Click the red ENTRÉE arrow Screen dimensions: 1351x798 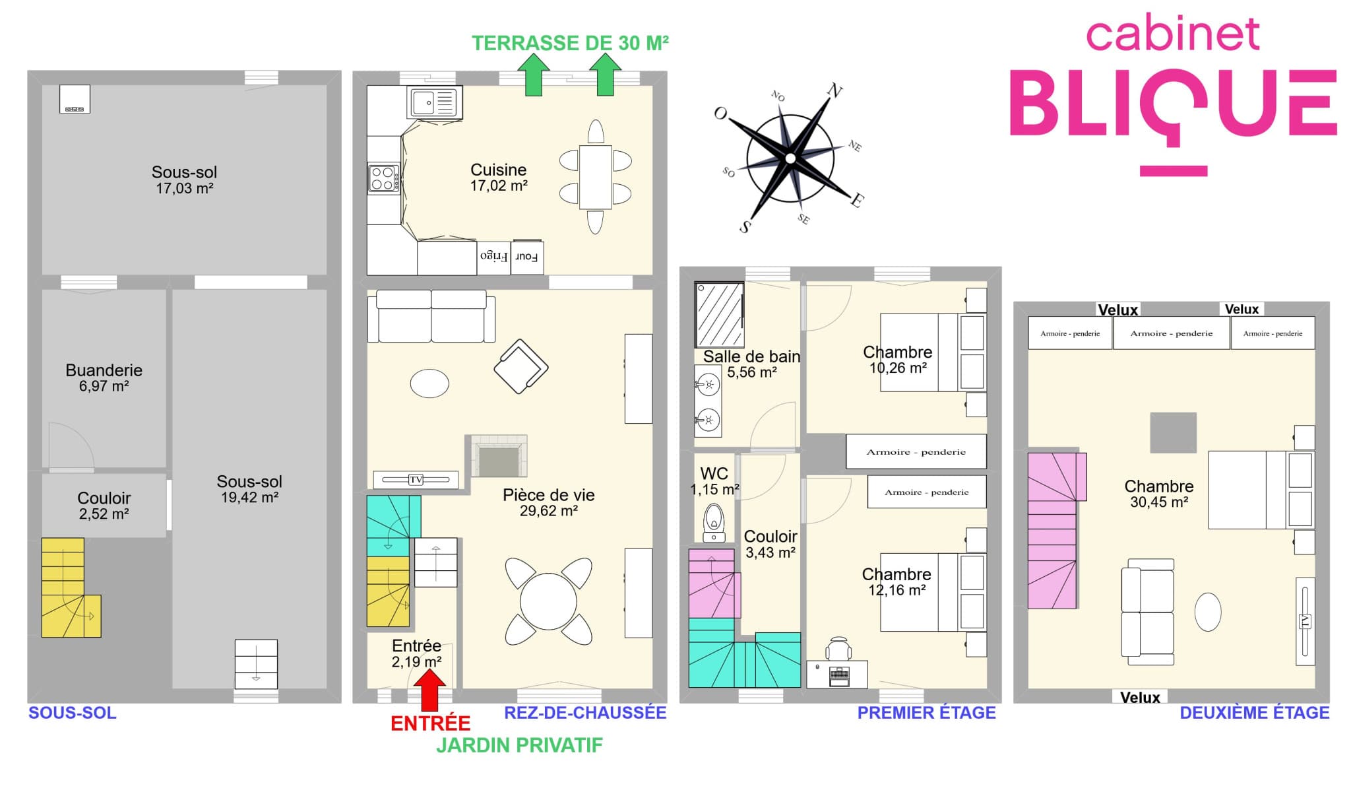coord(430,690)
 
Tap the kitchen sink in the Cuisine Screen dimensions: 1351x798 coord(433,103)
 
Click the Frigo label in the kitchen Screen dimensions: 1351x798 coord(493,256)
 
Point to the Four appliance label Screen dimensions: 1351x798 coord(526,257)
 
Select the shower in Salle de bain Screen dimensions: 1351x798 coord(720,314)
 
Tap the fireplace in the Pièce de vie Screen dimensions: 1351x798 coord(499,455)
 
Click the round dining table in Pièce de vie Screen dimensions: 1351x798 coord(548,601)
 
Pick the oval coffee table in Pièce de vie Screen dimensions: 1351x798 coord(429,383)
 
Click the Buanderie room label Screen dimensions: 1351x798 coord(104,370)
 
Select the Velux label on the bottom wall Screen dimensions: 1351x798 coord(1140,698)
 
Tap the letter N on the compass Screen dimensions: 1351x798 coord(835,90)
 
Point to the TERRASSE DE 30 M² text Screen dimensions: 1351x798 coord(571,43)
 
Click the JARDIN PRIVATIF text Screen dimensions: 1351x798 coord(519,745)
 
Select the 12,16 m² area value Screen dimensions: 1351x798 coord(896,590)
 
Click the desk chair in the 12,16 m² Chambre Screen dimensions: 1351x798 coord(838,649)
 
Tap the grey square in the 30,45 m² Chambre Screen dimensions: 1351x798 coord(1173,433)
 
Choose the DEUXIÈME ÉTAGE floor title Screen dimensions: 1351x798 coord(1254,713)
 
